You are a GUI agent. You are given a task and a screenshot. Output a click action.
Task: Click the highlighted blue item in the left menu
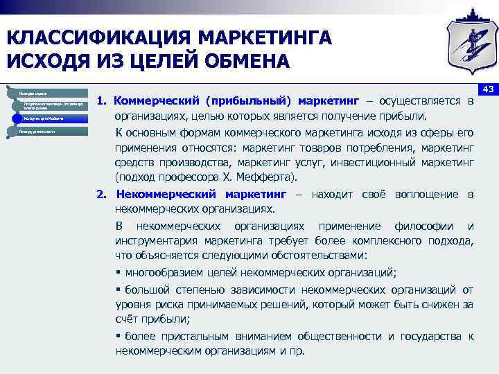click(x=49, y=118)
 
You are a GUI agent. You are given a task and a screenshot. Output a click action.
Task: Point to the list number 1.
click(x=101, y=101)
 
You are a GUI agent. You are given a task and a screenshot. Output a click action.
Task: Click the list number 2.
click(x=101, y=195)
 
